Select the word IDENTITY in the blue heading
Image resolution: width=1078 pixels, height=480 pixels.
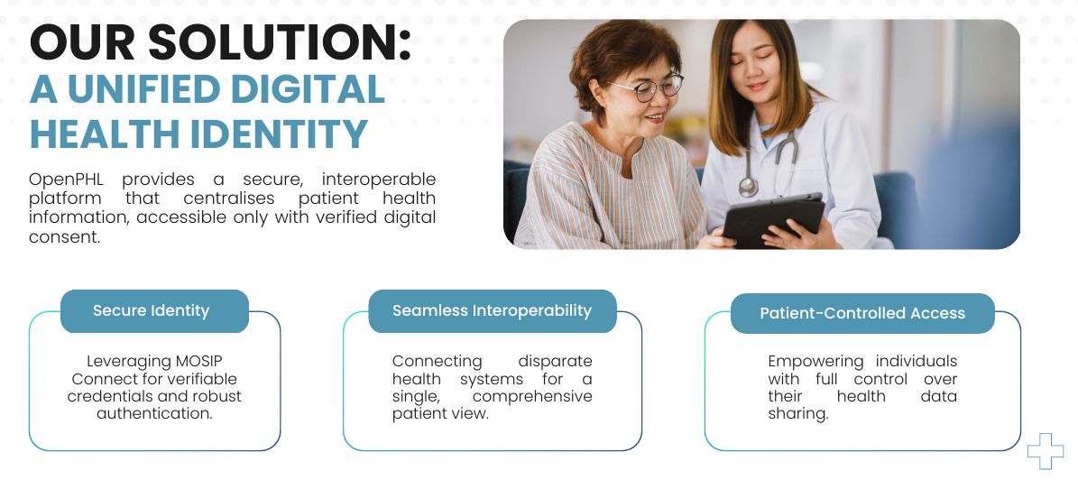(x=279, y=134)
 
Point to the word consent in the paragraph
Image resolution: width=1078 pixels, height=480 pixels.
(x=64, y=237)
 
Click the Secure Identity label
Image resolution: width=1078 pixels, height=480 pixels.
(x=152, y=311)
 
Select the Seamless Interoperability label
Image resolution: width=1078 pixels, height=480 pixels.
(x=493, y=311)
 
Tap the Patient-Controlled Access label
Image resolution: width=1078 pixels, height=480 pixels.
(x=862, y=314)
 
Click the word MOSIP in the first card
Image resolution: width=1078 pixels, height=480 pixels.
(x=198, y=361)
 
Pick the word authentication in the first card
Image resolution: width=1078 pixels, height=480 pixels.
(x=154, y=413)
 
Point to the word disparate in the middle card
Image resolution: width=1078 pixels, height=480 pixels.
(x=555, y=361)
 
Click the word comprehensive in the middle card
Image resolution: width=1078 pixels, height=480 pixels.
(x=532, y=397)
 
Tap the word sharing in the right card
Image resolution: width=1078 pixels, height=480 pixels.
(x=798, y=414)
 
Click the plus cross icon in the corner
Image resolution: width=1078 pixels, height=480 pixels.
(x=1046, y=451)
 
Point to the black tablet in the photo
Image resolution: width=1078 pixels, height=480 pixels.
(x=773, y=219)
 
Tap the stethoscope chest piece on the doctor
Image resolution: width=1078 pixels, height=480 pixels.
(x=748, y=186)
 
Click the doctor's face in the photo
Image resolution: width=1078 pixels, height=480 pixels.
(x=756, y=66)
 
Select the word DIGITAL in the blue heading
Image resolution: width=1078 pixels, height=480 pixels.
(x=307, y=88)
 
